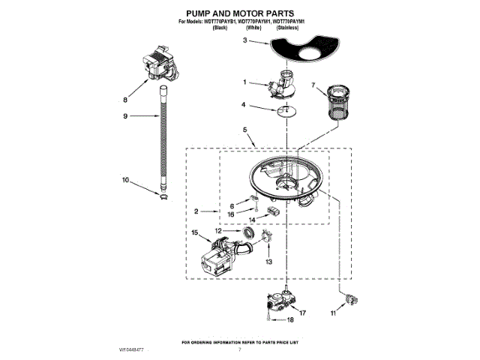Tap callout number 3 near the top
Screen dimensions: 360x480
(x=244, y=41)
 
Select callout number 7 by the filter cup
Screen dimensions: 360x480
(x=313, y=85)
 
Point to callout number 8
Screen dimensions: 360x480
(x=125, y=98)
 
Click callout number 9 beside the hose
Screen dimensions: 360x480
(x=125, y=116)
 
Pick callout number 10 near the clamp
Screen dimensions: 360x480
(x=125, y=180)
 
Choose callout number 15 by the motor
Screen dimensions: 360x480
(x=194, y=233)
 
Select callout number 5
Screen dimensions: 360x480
(x=244, y=130)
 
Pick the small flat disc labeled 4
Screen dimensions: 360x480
(x=281, y=111)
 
